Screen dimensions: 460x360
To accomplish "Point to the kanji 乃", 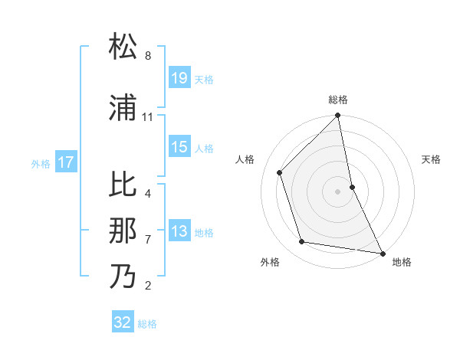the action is pos(123,277).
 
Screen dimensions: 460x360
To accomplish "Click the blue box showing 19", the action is pos(179,77).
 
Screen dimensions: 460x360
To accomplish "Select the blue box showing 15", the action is pos(179,147).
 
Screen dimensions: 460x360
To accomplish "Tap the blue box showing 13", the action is pos(179,232).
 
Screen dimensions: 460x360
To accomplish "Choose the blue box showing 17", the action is pos(66,162).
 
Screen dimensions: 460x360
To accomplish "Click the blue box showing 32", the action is pos(123,322).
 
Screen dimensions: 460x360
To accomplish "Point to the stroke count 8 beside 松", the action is pos(148,56).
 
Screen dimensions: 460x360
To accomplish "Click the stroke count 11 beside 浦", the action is pos(147,117).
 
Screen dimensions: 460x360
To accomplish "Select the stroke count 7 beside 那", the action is pos(148,240).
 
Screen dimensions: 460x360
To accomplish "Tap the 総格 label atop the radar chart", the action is pos(338,100).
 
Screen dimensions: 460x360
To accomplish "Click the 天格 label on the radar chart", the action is pos(431,159).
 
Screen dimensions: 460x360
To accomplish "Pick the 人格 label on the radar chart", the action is pos(245,159).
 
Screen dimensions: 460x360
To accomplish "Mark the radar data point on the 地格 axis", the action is pos(382,252).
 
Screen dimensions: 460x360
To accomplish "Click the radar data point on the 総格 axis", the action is pos(337,116).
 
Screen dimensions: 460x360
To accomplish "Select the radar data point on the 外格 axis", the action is pos(302,242).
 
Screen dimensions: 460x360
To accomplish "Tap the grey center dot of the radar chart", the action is pos(337,191).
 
